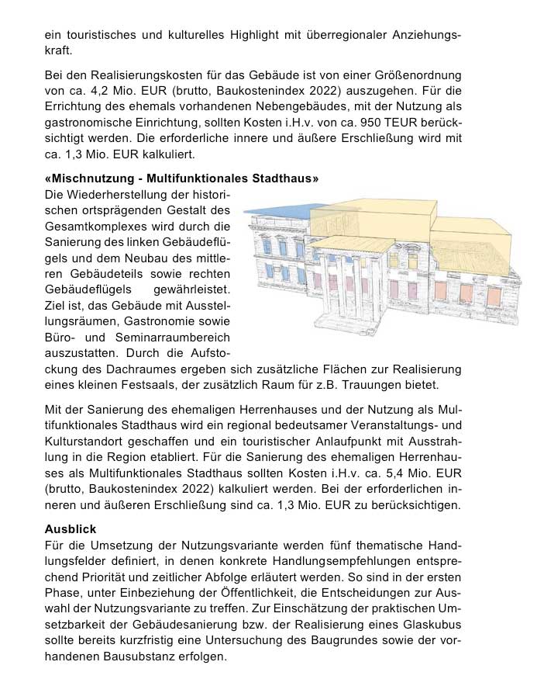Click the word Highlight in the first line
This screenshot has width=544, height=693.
pyautogui.click(x=263, y=36)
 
